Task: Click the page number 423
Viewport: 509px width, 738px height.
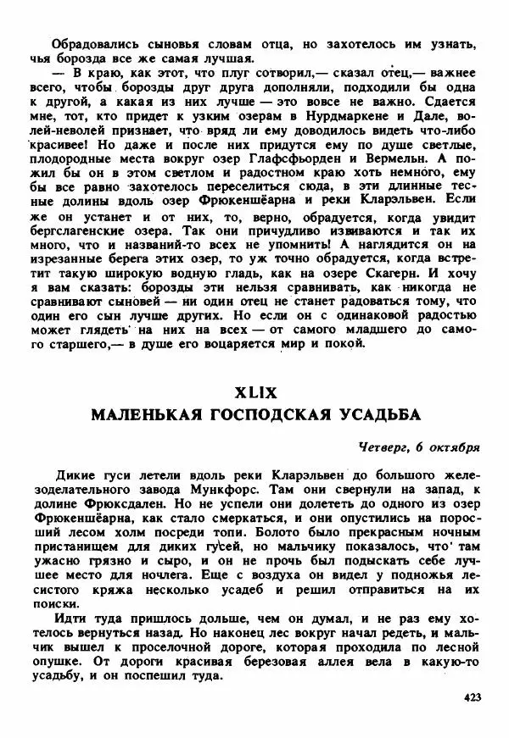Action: point(473,697)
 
